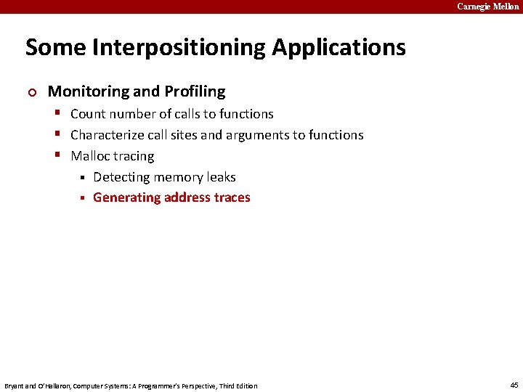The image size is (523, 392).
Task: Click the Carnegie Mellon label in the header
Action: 487,7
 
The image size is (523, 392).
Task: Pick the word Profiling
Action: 195,91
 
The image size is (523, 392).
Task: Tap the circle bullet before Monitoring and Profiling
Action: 30,92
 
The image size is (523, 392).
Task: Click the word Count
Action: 88,114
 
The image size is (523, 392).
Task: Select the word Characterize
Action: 107,135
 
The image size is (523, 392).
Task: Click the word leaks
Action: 221,177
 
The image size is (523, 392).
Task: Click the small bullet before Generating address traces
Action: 82,198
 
